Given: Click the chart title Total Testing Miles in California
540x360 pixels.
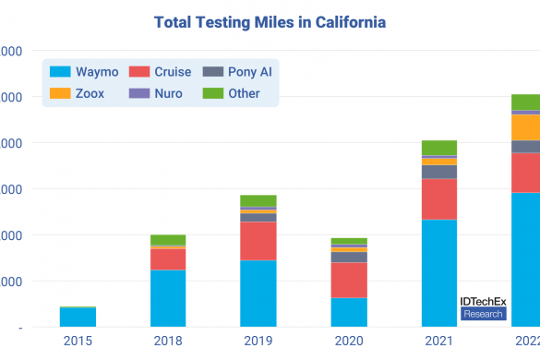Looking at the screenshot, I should point(270,20).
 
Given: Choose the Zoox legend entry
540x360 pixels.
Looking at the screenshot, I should point(80,93).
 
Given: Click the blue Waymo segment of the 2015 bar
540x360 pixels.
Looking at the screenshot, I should point(78,318).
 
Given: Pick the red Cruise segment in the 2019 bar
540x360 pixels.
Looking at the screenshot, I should point(258,240).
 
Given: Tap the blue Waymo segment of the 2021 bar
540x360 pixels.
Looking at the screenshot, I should point(439,272).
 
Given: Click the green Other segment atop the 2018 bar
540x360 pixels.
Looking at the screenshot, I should point(168,240).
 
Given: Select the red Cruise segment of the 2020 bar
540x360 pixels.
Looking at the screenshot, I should point(349,280).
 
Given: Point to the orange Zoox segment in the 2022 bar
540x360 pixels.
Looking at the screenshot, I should point(525,127).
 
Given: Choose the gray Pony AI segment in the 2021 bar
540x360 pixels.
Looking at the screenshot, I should point(439,172).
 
